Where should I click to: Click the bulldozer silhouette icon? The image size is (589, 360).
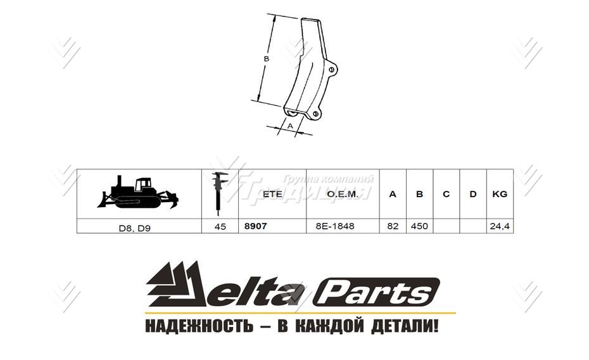pos(137,193)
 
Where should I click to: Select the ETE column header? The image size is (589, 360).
pos(272,194)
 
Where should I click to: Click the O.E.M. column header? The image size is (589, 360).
pos(343,194)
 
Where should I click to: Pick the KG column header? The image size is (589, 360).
pos(499,194)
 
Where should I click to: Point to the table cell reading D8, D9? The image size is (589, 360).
pos(139,226)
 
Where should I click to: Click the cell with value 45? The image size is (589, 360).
pos(220,226)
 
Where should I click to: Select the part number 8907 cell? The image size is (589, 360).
pos(255,226)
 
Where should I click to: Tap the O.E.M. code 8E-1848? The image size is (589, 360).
pos(335,226)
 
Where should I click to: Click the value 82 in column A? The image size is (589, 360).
pos(393,226)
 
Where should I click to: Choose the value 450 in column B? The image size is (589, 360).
pos(419,226)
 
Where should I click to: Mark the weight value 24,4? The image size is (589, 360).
pos(499,226)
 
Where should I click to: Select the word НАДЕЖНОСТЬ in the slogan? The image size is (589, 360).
pos(195,327)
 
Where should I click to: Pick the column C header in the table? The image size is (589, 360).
pos(446,194)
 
